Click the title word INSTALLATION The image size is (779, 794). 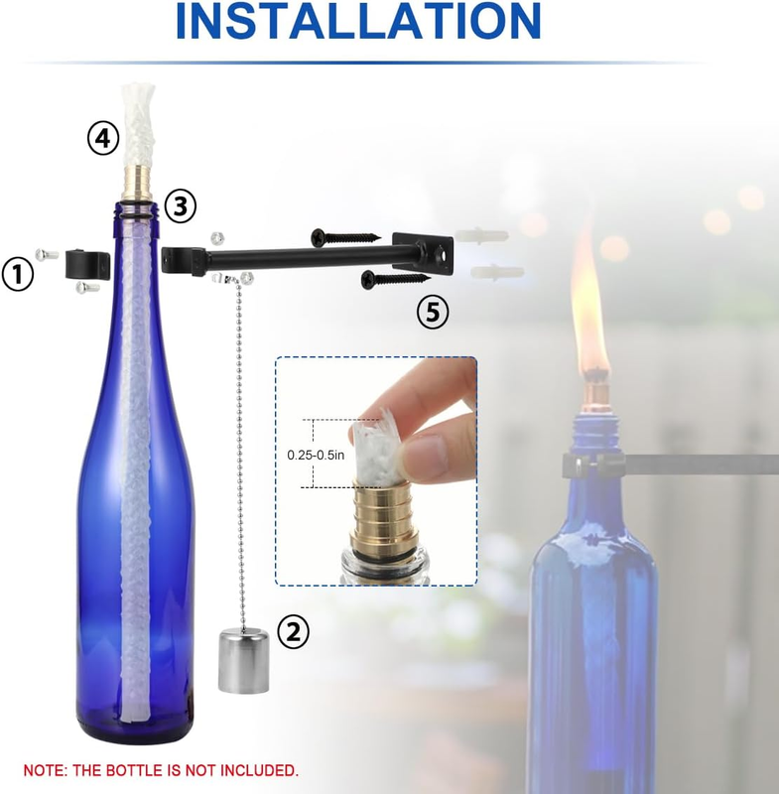coord(358,21)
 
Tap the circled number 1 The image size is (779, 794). coord(18,275)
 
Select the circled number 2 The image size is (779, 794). coord(293,631)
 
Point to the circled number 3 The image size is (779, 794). coord(181,206)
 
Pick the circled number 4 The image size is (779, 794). coord(104,138)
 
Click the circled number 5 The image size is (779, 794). coord(433,312)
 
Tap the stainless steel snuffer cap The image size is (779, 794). coord(243,660)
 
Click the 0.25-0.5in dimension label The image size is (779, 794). coord(316,455)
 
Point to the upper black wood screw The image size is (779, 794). coord(345,237)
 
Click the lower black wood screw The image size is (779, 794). coord(395,278)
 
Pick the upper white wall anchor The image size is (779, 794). coord(481,235)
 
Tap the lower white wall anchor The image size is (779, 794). coord(497,272)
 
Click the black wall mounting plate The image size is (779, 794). coord(423,252)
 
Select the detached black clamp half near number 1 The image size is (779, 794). coord(87,263)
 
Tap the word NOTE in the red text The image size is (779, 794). coord(45,770)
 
